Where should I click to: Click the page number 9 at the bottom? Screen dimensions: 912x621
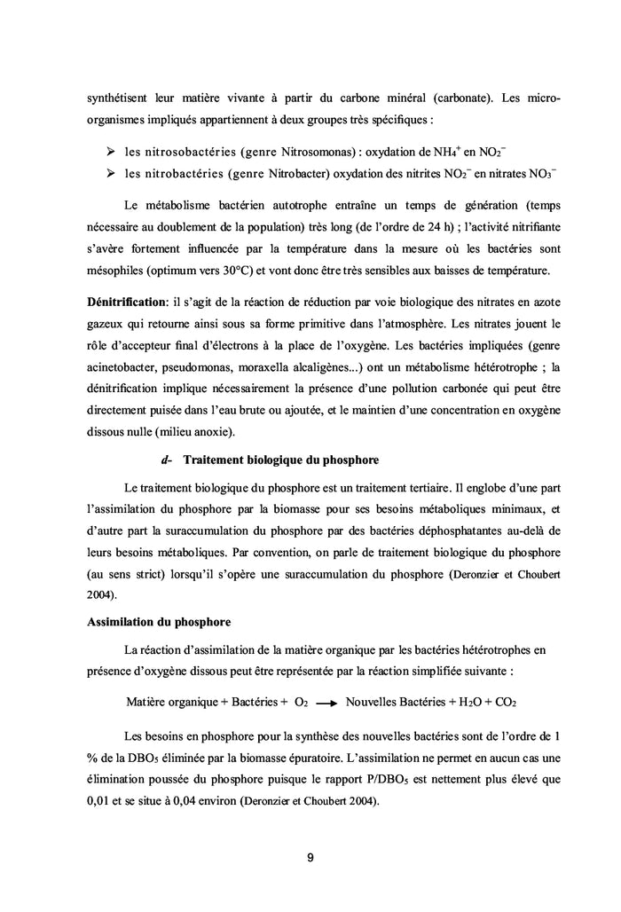(310, 857)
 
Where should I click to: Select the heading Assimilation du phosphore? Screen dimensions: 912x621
(159, 622)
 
